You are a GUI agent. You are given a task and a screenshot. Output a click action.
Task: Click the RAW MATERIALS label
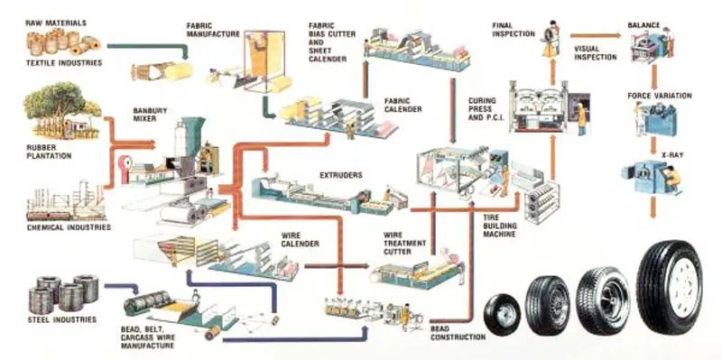coord(56,23)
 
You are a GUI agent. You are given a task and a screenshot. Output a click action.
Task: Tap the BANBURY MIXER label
coord(150,115)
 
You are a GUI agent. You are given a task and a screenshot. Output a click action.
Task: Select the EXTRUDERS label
coord(341,175)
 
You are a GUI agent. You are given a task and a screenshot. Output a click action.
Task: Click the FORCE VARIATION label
coord(660,96)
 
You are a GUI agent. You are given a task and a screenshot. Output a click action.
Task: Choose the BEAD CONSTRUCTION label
coord(458,333)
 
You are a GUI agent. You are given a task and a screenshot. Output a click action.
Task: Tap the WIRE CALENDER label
coord(300,239)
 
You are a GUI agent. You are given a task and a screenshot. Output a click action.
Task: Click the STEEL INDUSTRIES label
coord(61,319)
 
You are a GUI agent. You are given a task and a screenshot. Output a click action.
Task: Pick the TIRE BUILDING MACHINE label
coord(500,226)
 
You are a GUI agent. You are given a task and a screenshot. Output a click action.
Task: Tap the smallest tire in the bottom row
coord(503,314)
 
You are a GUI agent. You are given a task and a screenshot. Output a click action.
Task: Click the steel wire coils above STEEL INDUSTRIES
coord(63,293)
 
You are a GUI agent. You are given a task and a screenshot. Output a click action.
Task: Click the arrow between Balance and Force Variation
coord(653,76)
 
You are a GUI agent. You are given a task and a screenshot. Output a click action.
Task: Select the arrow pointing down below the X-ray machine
coord(653,208)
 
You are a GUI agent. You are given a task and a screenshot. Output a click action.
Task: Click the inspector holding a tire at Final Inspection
coord(551,39)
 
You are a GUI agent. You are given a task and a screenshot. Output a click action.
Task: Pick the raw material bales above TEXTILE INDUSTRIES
coord(63,41)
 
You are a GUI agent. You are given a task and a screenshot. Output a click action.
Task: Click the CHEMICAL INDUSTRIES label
coord(69,227)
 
